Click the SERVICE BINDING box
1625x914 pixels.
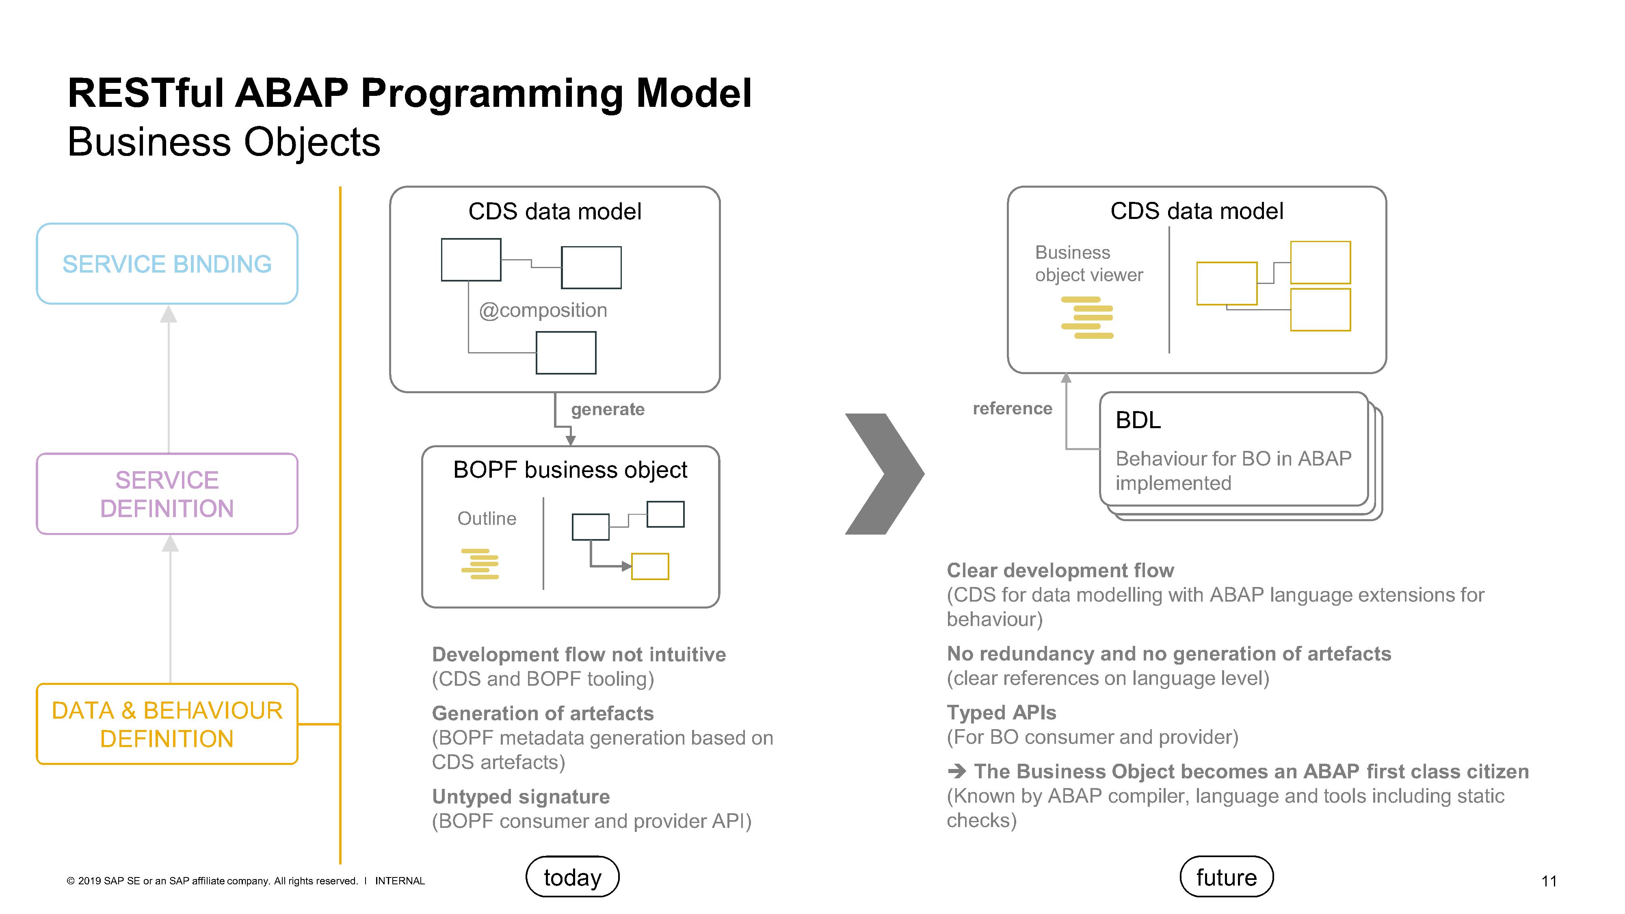pos(167,264)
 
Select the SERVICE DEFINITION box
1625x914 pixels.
pos(167,494)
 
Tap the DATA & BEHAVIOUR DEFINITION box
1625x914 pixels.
pos(167,724)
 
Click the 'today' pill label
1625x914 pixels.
pos(572,877)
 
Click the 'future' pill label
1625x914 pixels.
pos(1226,877)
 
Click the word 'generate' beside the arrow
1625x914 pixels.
pos(608,409)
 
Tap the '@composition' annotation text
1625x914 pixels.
pos(543,310)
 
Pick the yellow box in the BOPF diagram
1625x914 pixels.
pos(650,566)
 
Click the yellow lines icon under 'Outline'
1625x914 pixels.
pos(480,564)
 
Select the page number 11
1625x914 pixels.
pos(1549,881)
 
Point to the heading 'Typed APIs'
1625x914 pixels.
pos(1001,713)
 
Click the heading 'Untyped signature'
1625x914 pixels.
pos(520,797)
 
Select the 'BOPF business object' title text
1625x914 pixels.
pos(570,470)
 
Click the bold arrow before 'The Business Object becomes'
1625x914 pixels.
pos(956,771)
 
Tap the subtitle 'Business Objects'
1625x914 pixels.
pos(223,142)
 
